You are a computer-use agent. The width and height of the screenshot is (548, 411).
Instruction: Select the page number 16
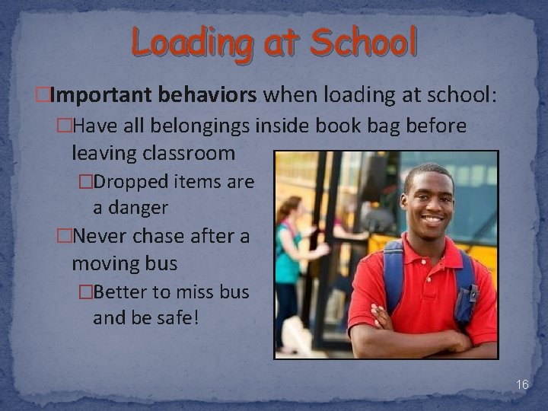click(521, 385)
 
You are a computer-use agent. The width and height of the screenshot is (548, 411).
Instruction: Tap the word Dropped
click(135, 182)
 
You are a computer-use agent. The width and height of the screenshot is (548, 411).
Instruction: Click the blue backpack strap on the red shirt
click(392, 274)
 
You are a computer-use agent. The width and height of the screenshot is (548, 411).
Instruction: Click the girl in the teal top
click(288, 251)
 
